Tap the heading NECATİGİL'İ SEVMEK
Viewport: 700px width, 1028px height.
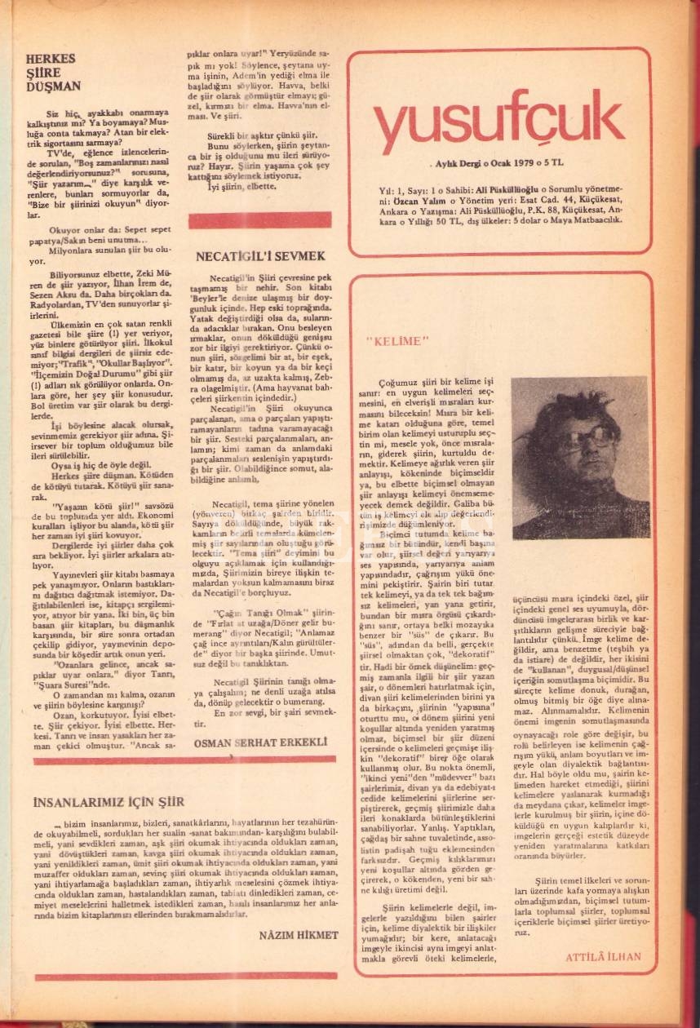point(260,256)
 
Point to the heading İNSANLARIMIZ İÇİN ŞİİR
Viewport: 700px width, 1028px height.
point(109,801)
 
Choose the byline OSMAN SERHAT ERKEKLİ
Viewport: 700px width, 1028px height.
point(260,742)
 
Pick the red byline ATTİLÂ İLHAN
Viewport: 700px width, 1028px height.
point(603,957)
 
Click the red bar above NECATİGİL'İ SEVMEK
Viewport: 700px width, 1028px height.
point(259,220)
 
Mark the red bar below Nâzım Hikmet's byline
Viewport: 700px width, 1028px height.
point(186,975)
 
